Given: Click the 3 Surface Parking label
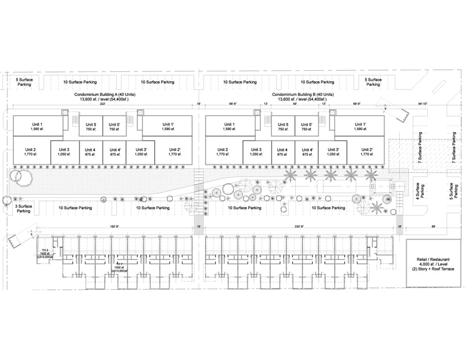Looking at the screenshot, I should (23, 208).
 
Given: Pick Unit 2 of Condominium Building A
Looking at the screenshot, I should (30, 153).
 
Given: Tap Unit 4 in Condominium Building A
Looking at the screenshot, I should (90, 153).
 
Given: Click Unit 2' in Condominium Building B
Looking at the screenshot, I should (366, 153).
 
